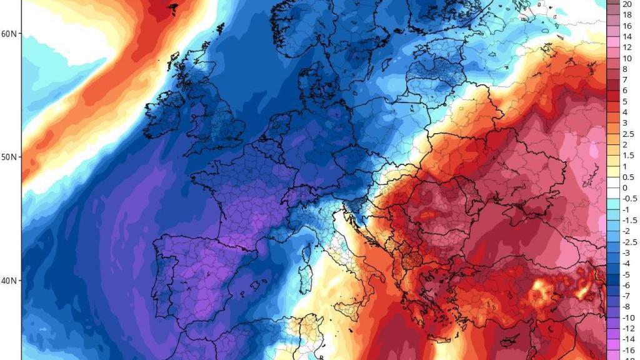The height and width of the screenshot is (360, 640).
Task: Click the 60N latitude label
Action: pos(10,33)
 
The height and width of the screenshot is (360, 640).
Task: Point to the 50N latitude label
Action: pos(10,157)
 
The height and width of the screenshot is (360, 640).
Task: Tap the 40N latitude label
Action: pos(10,281)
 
